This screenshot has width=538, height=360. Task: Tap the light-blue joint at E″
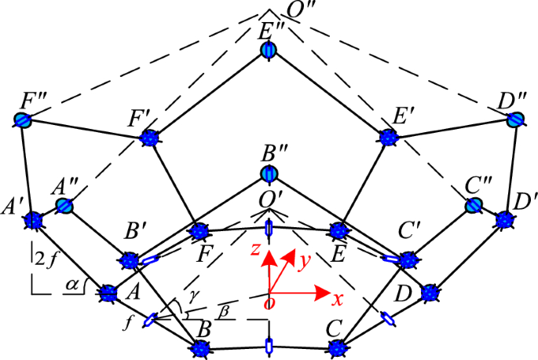pos(269,50)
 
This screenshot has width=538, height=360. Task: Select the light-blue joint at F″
pos(24,120)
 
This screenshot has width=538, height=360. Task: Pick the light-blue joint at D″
pos(515,119)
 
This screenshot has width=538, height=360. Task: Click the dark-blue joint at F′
pos(149,138)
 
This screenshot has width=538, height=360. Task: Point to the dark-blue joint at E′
pos(389,138)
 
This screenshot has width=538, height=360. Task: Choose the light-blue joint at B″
pos(269,174)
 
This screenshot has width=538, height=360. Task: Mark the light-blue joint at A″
pos(65,206)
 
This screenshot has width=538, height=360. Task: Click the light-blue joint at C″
pos(474,206)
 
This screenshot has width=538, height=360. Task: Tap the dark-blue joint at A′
pos(33,220)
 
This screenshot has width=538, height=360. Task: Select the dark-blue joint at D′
pos(505,220)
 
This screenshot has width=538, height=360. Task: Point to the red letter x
pos(338,299)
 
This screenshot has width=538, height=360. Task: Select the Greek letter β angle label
pos(225,310)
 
